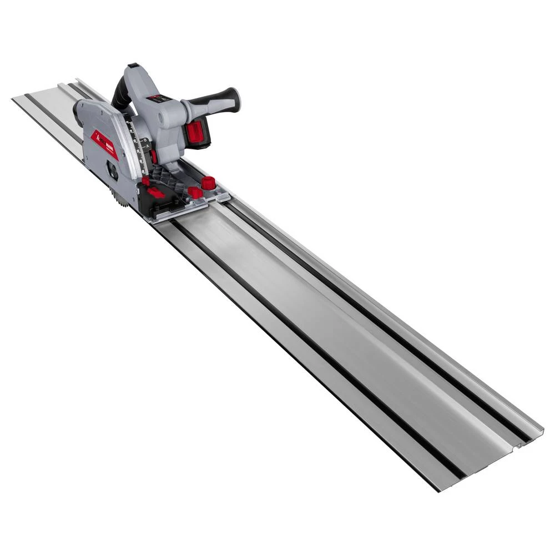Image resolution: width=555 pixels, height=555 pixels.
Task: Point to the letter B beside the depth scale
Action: pos(146,142)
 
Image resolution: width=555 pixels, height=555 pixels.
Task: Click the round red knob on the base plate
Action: pos(208,183)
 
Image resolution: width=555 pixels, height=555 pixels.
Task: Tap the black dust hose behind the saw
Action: pos(120,98)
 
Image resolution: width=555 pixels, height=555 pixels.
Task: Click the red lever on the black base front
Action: pos(155,193)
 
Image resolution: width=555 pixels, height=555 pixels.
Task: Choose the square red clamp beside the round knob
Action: pos(195,193)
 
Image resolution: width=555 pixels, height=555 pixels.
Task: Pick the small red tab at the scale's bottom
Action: pos(145,181)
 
